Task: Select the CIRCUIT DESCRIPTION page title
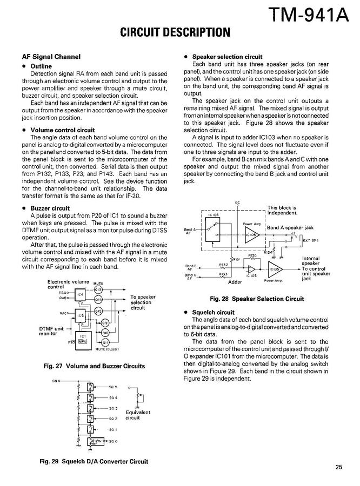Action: (x=175, y=32)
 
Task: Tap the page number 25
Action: (x=338, y=468)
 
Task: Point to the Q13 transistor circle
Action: (x=98, y=289)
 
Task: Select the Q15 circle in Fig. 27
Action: (x=98, y=312)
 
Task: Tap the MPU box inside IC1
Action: (x=83, y=341)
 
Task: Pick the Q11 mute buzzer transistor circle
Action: (x=106, y=343)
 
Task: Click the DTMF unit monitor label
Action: (x=52, y=331)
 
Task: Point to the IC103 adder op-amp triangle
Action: (x=251, y=269)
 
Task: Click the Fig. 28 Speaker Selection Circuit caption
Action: (x=257, y=299)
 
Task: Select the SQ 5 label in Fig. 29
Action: (x=112, y=388)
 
